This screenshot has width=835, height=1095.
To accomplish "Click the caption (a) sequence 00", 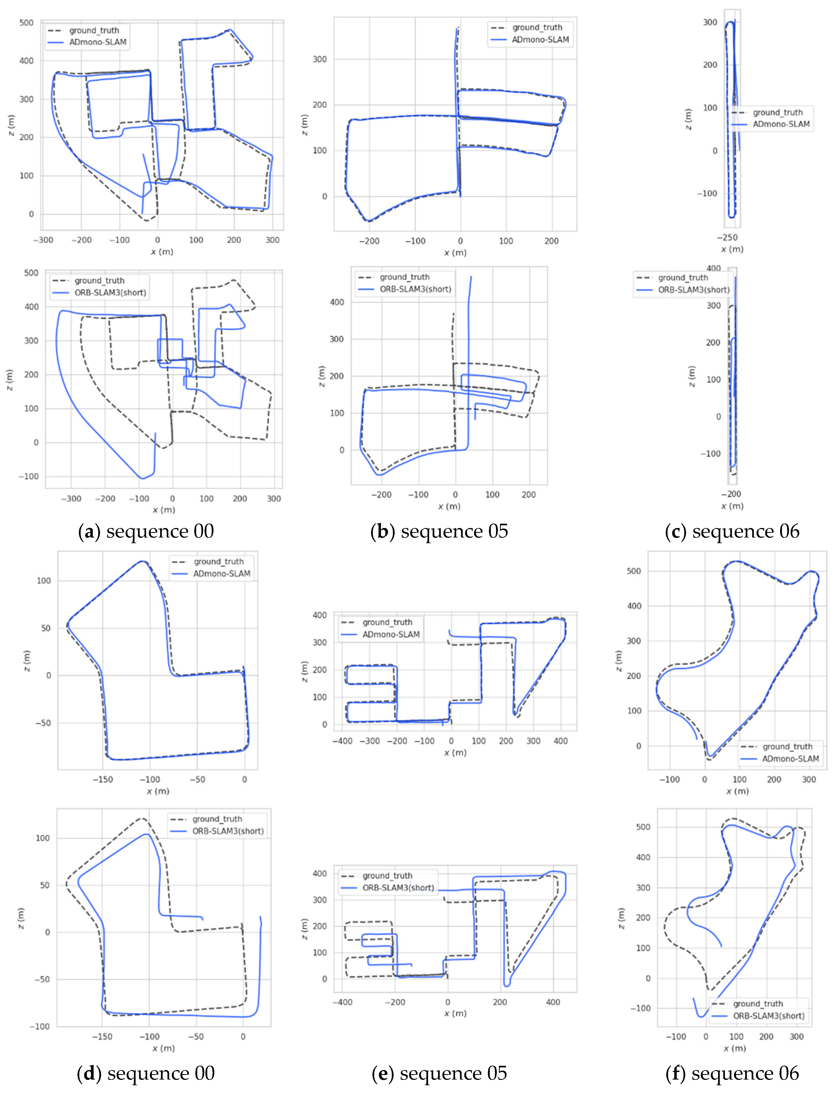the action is tap(146, 531).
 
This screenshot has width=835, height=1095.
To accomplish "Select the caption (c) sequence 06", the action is tap(732, 531).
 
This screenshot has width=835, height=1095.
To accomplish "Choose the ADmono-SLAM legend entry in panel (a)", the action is tap(97, 42).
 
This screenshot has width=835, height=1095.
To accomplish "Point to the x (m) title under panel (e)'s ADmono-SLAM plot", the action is tap(455, 753).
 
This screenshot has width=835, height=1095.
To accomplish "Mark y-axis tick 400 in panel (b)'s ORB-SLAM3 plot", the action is tap(337, 302).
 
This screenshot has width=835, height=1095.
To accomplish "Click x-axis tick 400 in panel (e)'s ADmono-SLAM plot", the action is tap(561, 741).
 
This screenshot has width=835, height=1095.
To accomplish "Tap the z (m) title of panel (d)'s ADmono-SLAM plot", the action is tap(27, 661).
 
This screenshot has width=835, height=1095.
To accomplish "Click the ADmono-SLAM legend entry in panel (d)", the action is tap(222, 573).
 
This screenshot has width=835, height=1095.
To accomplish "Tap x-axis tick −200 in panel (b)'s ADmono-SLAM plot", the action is tap(369, 241).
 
